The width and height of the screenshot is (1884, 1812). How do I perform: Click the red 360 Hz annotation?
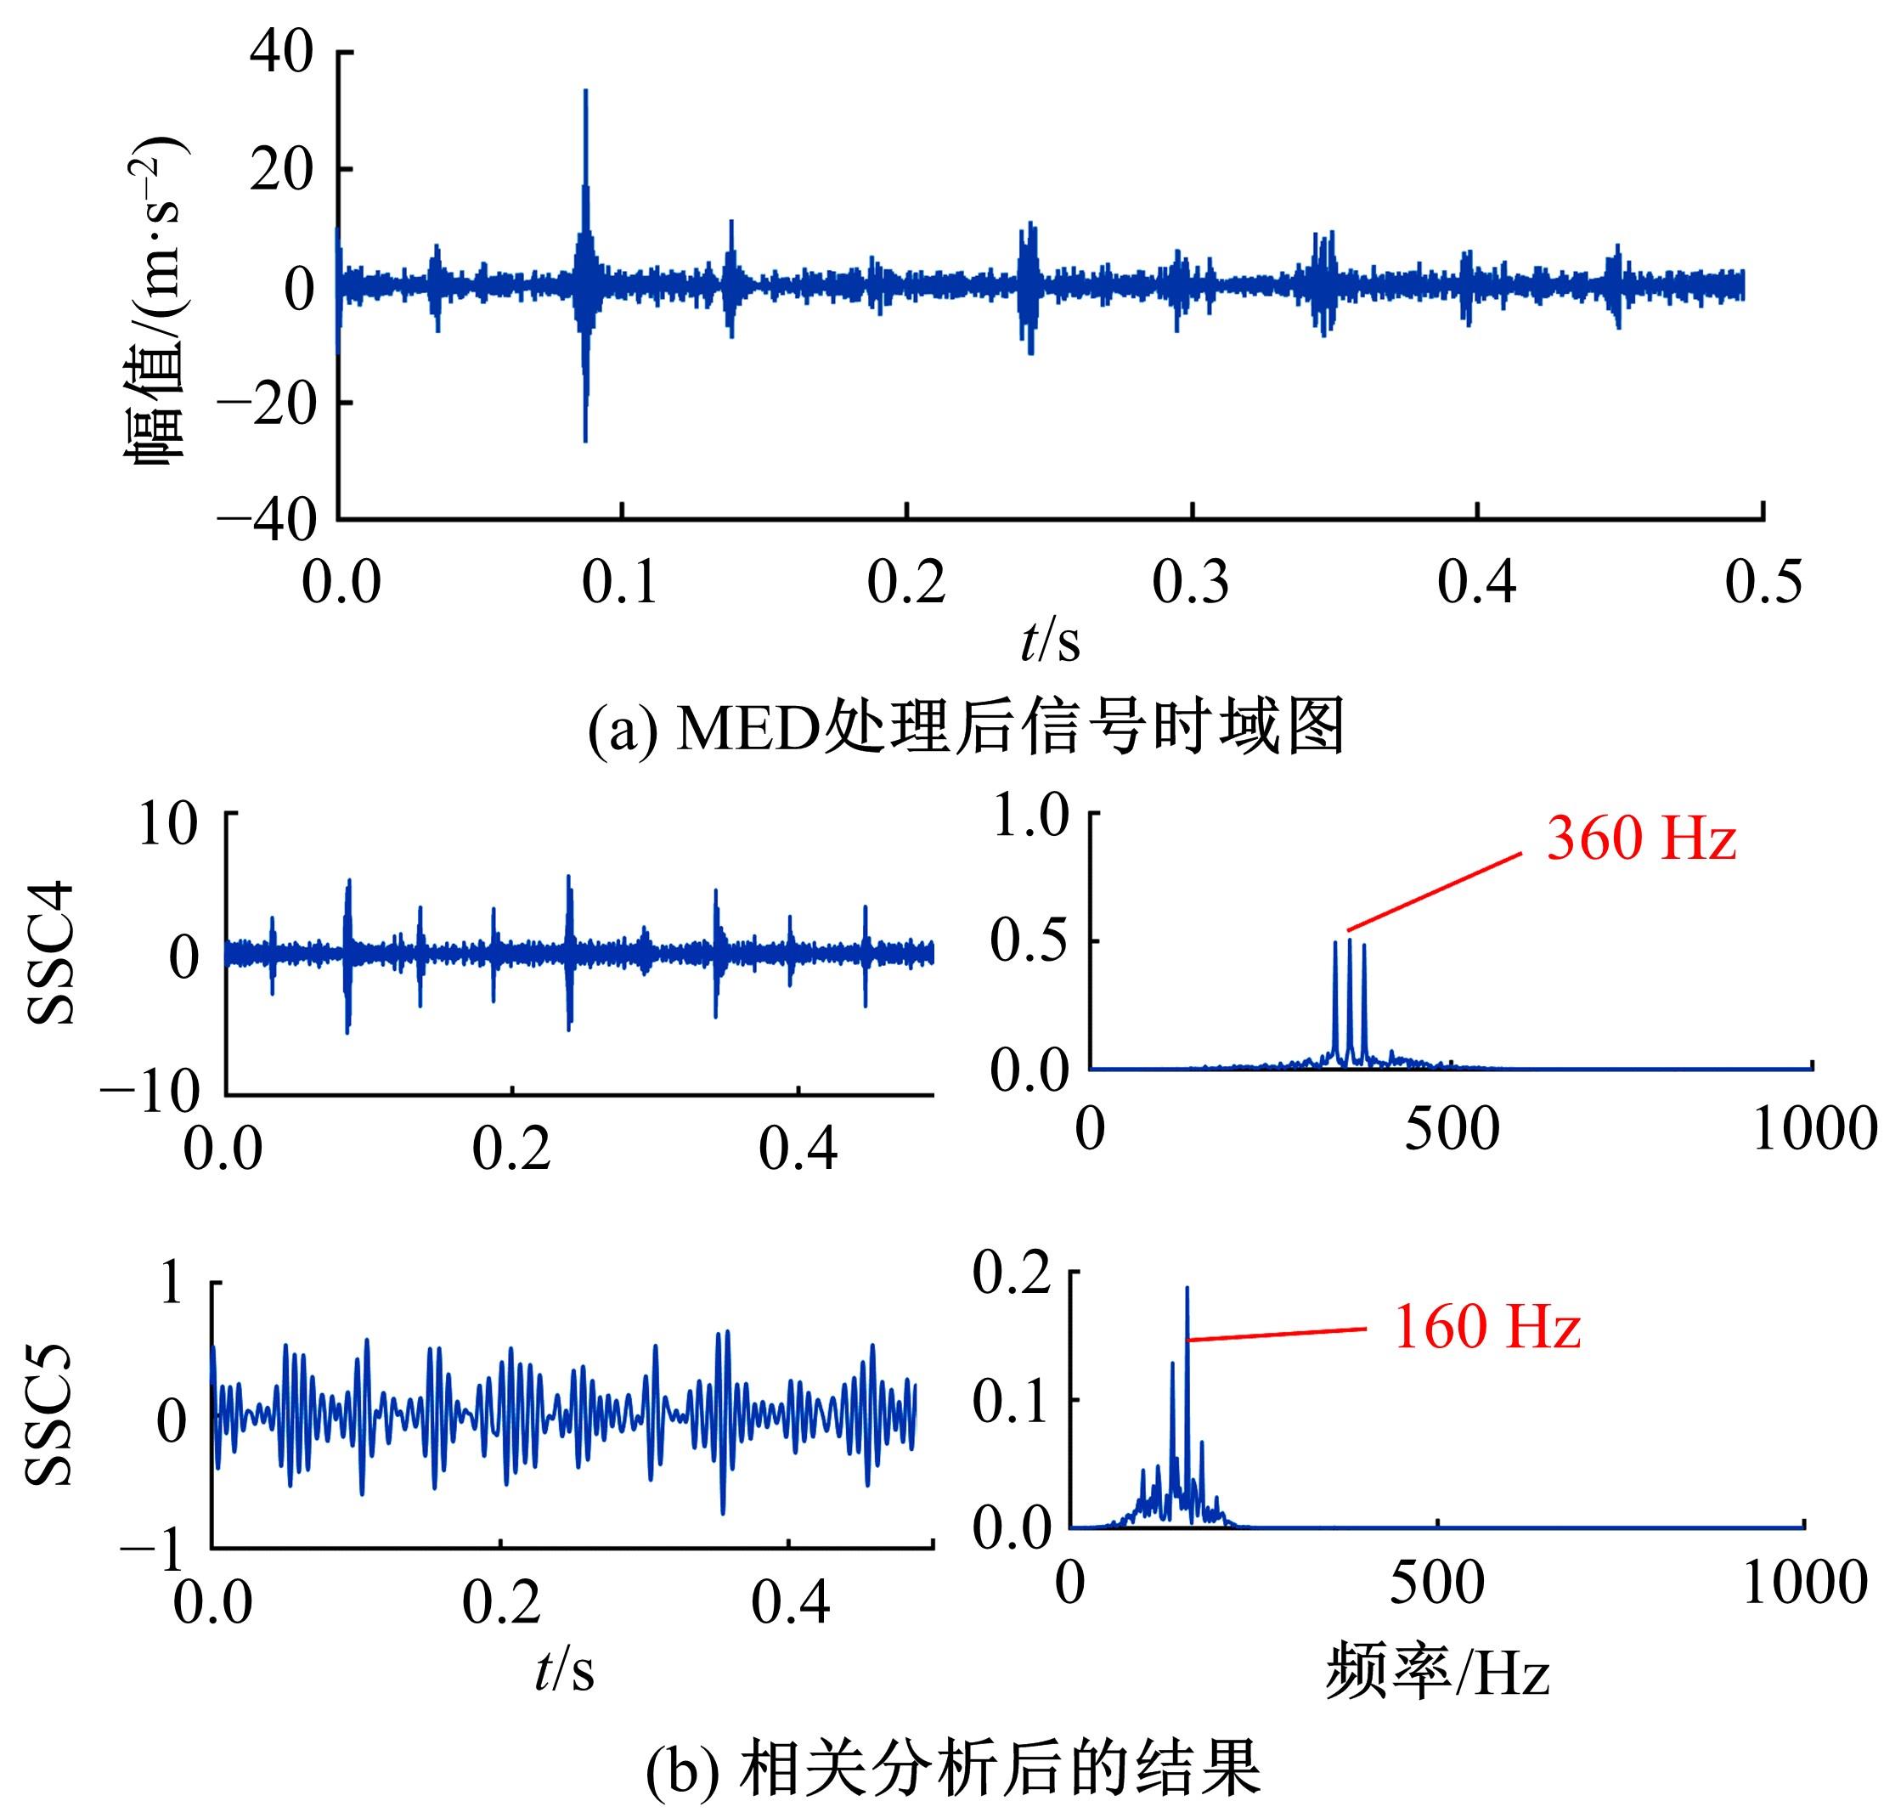click(x=1641, y=838)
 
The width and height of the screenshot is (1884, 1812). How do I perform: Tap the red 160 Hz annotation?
click(x=1486, y=1328)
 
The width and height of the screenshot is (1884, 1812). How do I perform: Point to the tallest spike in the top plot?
click(x=585, y=96)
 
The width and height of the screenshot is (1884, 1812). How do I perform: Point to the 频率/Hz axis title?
click(x=1437, y=1674)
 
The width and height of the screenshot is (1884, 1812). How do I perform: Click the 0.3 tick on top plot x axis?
click(x=1191, y=583)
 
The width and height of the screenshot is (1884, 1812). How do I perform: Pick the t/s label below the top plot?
click(x=1050, y=641)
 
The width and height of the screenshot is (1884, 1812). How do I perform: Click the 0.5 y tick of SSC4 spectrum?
click(x=1029, y=940)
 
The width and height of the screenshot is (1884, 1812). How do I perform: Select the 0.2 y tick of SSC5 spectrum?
click(x=1013, y=1274)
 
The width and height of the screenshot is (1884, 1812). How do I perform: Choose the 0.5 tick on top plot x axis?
click(x=1763, y=583)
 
